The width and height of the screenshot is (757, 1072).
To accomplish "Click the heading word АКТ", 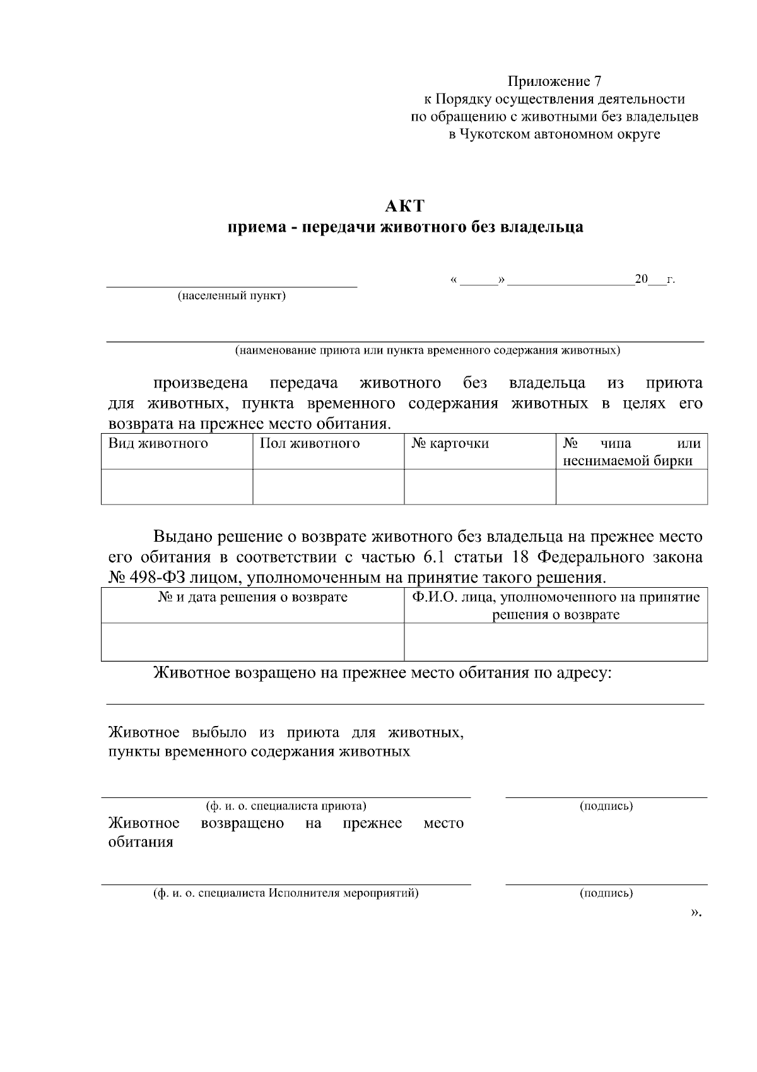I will [x=405, y=206].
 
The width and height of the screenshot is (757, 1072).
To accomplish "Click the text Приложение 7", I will [x=555, y=81].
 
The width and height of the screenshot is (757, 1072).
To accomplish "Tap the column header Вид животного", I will [x=158, y=443].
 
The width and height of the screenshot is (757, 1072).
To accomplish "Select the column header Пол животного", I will [x=310, y=443].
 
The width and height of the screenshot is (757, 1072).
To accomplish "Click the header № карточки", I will [x=450, y=443].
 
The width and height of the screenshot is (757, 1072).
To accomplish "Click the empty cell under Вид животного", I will [x=177, y=487].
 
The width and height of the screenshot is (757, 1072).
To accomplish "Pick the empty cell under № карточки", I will [x=479, y=487].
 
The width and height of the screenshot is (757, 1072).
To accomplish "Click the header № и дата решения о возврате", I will [x=252, y=597].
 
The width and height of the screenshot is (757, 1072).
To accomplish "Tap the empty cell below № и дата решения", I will [x=252, y=642].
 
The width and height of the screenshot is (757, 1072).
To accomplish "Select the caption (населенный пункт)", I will [x=232, y=296].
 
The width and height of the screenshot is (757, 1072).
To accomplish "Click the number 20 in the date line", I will [x=642, y=279].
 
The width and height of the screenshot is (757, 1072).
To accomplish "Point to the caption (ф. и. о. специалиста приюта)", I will [x=286, y=806].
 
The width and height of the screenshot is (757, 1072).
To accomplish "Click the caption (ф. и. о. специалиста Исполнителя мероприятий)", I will [x=286, y=893].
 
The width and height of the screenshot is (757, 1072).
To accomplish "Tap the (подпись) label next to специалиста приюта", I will [x=606, y=806].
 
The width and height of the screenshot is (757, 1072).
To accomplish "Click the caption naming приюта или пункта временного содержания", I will [x=428, y=350].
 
